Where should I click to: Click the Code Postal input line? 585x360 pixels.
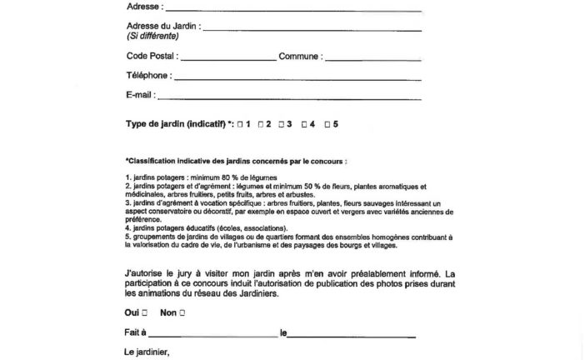[227, 59]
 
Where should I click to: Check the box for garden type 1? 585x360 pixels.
[240, 124]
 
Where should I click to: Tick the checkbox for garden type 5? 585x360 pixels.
[327, 124]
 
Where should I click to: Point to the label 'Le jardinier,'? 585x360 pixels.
[147, 352]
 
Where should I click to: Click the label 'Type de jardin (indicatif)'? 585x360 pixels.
[174, 124]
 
